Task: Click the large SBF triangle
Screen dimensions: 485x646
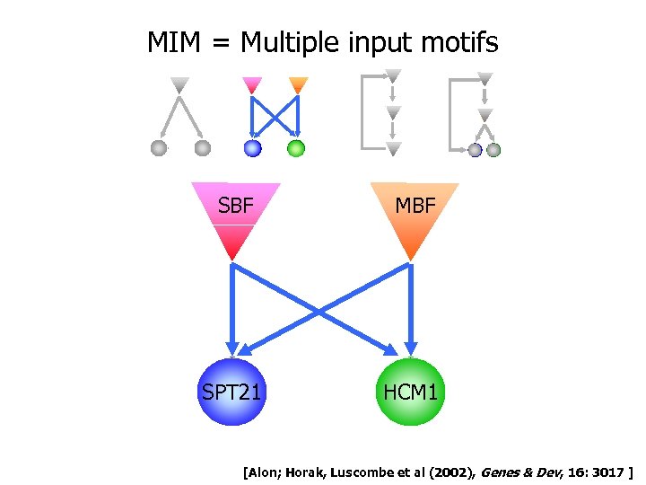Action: (x=235, y=216)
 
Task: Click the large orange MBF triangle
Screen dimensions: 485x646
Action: (x=414, y=216)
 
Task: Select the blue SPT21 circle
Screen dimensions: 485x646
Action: (x=233, y=392)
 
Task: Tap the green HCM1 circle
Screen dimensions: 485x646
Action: (x=412, y=392)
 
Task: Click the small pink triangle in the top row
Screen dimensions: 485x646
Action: (x=252, y=85)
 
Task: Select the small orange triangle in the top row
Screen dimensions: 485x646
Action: (x=299, y=85)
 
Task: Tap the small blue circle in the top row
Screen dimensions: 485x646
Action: (x=253, y=148)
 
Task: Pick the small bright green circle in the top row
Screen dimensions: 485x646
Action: (x=296, y=148)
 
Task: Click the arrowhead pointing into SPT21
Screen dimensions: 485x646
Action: (x=233, y=349)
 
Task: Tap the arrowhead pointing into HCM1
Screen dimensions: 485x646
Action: (x=412, y=349)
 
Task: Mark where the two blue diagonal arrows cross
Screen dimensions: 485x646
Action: (x=322, y=310)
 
